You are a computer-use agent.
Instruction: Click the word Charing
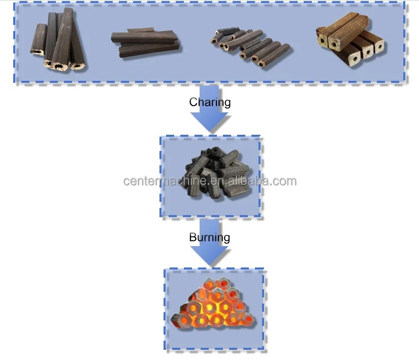click(x=210, y=102)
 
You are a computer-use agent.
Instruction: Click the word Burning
click(x=209, y=237)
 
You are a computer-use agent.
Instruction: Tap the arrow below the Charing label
click(x=209, y=118)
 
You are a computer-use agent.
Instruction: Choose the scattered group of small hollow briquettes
click(x=249, y=45)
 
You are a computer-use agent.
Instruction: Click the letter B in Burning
click(x=193, y=237)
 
